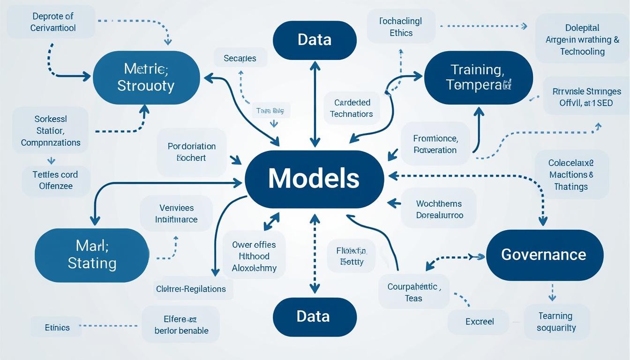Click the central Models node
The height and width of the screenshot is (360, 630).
point(314,179)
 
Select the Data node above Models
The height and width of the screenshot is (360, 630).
point(314,40)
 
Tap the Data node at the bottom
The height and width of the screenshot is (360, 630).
point(314,316)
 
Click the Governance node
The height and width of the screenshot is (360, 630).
point(544,255)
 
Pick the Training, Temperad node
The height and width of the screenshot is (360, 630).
point(478,77)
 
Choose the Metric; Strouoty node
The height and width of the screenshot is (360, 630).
point(146,77)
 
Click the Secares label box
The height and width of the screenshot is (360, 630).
point(240,59)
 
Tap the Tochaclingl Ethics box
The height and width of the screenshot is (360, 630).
point(401,27)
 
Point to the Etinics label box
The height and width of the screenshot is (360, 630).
point(57,327)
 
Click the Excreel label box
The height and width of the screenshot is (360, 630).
point(479,322)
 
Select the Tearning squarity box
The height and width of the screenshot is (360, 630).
point(555,322)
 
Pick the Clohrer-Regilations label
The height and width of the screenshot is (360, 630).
point(191,289)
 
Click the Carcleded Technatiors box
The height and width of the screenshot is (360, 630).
point(352,108)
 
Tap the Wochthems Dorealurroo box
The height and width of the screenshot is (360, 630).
point(439,210)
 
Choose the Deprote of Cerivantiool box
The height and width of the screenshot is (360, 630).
point(53,22)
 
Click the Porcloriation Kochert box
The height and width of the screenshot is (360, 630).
point(191,152)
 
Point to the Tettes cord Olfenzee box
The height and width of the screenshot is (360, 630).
point(55,180)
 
